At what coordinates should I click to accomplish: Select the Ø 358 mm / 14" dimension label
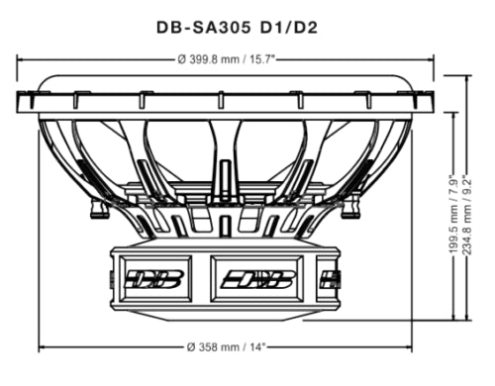click(232, 347)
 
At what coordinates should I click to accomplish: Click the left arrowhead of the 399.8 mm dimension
click(21, 59)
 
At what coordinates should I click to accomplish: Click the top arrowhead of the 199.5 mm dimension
click(450, 114)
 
